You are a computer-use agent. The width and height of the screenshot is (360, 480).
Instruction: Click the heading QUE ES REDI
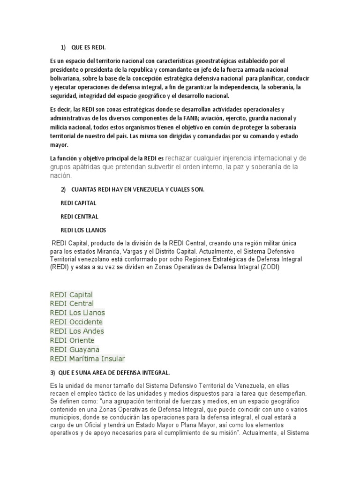(x=92, y=47)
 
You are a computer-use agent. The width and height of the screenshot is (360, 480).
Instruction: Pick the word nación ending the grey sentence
(x=60, y=176)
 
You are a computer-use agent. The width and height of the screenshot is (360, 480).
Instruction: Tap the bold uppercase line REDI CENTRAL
(x=79, y=217)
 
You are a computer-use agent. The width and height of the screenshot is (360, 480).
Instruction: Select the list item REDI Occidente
(x=76, y=322)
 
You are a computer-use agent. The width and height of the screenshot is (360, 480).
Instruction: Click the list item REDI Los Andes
(x=77, y=331)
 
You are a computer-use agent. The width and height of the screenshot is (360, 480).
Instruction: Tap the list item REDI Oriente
(x=72, y=340)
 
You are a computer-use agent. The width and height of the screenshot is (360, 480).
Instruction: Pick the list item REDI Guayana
(x=74, y=350)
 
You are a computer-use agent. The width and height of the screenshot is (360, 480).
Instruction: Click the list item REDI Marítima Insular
(x=88, y=359)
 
